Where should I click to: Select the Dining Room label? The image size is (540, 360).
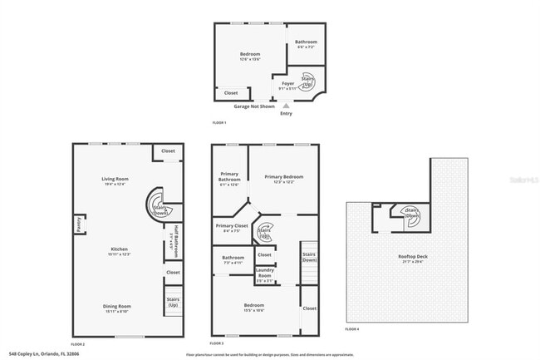click(x=117, y=307)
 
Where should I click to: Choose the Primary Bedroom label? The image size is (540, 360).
click(x=283, y=177)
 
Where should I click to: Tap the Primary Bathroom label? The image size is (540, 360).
click(x=229, y=177)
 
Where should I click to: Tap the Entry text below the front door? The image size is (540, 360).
click(x=286, y=113)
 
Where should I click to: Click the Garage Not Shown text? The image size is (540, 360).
click(x=253, y=106)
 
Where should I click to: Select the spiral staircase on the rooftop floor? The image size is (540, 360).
click(x=411, y=214)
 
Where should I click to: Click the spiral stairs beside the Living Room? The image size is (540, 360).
click(x=158, y=205)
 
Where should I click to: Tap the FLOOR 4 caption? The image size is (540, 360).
click(x=352, y=330)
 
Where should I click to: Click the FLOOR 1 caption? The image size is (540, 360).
click(x=219, y=123)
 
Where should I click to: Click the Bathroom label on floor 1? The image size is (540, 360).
click(x=306, y=42)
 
